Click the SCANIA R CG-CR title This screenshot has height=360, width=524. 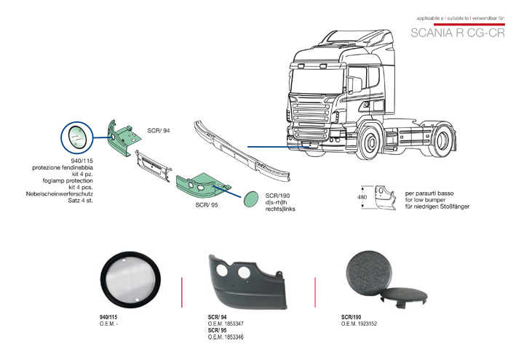(x=457, y=33)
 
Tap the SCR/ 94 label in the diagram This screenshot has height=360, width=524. (x=158, y=129)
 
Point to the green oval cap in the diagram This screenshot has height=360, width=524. (x=251, y=199)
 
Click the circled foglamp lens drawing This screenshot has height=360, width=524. (x=76, y=135)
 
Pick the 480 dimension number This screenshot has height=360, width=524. (x=362, y=198)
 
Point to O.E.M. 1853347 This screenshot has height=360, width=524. (x=226, y=324)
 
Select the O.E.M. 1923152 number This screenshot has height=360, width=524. (x=359, y=324)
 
